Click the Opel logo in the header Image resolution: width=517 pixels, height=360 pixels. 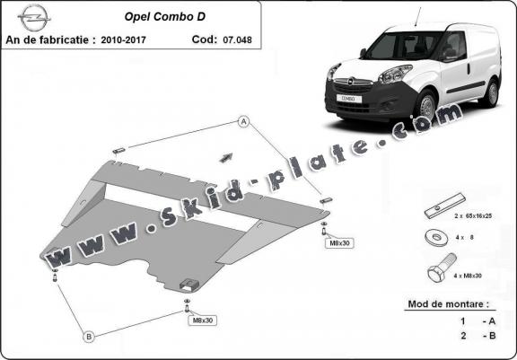(x=34, y=17)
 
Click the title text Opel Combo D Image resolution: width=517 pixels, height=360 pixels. (x=164, y=17)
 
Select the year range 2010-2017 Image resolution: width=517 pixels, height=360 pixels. (x=123, y=40)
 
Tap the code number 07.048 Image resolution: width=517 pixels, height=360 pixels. (x=237, y=40)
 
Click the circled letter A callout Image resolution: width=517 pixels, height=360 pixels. (x=243, y=122)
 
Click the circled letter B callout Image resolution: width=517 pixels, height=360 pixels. (x=89, y=337)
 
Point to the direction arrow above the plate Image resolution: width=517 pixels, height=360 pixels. (x=226, y=158)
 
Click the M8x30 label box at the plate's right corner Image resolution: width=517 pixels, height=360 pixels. (x=339, y=243)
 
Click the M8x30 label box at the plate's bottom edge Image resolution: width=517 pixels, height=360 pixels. (x=203, y=320)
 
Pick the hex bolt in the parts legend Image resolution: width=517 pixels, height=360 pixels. (x=442, y=268)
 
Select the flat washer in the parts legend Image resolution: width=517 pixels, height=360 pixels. (x=436, y=237)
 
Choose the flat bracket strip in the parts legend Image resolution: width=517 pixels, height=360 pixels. (x=444, y=206)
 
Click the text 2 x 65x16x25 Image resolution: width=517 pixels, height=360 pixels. (x=473, y=216)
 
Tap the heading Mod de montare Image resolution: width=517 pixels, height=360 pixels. (x=449, y=303)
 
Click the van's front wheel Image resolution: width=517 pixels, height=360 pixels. (x=427, y=106)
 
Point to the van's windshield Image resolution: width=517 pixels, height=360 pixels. (x=404, y=45)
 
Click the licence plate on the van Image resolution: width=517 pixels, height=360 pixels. (x=349, y=98)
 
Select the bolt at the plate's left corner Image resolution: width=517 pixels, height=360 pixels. (x=55, y=275)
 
